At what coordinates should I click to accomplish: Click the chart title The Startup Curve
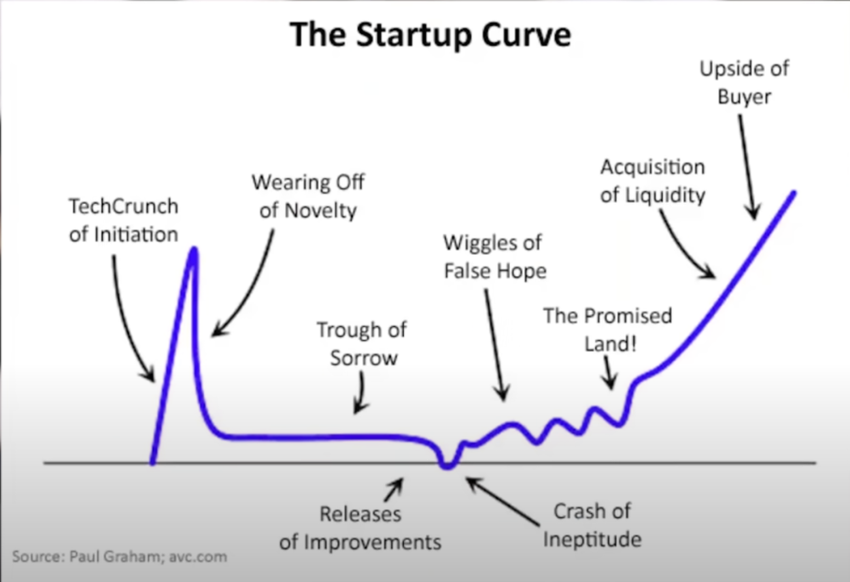pos(430,35)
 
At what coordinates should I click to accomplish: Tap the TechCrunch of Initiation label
pos(123,220)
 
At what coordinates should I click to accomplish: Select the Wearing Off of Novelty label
pos(308,196)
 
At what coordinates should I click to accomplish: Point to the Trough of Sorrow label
pos(362,343)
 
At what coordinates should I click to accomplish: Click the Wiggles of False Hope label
pos(495,257)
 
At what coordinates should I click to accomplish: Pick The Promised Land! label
pos(608,330)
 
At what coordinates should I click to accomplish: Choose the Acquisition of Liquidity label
pos(653,181)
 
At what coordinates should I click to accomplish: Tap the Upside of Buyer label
pos(744,82)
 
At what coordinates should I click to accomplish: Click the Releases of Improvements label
pos(360,528)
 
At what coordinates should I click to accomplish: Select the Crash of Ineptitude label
pos(592,525)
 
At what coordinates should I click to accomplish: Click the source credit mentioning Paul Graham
pos(120,557)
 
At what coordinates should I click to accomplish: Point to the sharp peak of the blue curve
pos(194,250)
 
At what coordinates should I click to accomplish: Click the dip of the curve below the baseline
pos(447,466)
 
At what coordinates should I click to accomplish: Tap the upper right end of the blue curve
pos(794,192)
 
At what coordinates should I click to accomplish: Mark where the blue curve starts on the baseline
pos(153,462)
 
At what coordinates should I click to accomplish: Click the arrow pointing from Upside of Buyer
pos(746,167)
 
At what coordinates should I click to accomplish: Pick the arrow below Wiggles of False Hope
pos(495,345)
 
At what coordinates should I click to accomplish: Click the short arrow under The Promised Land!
pos(609,373)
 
